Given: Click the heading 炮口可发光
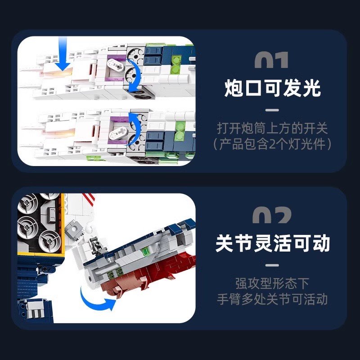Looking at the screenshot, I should tap(272, 89).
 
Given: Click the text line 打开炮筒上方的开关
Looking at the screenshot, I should tap(272, 128).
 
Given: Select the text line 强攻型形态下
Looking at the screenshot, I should tap(272, 283).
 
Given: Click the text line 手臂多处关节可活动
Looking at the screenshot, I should tap(272, 299).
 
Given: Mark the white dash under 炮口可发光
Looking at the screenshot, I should tap(272, 109).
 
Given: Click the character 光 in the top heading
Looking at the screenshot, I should tap(311, 89).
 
